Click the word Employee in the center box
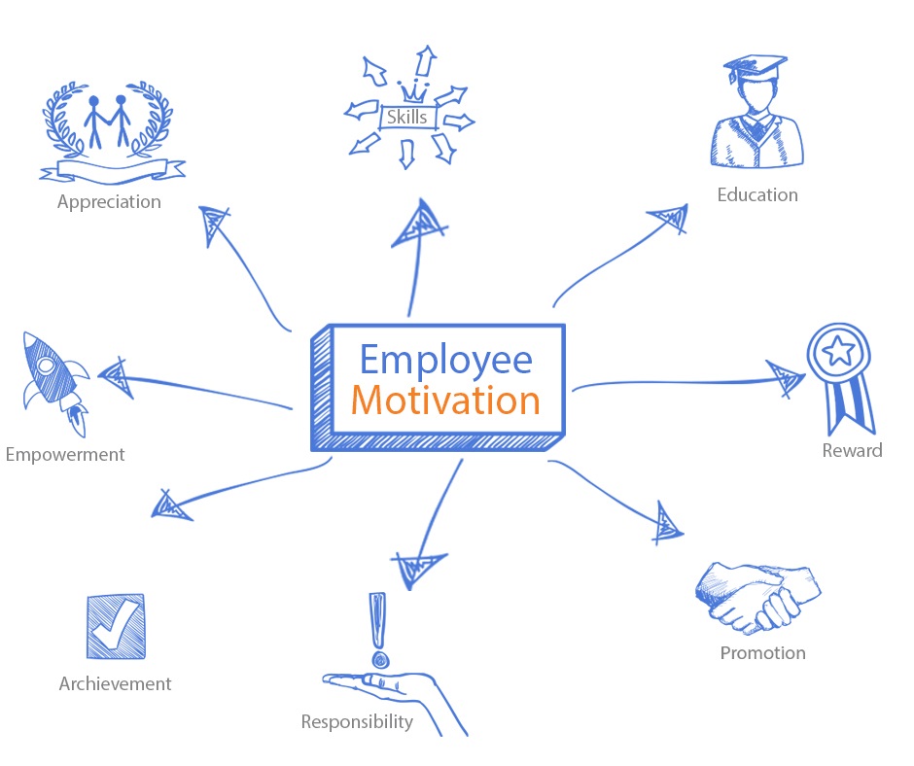[445, 359]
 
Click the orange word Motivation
[445, 400]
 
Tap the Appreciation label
[109, 202]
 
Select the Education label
[757, 194]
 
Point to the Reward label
[852, 450]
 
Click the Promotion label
[762, 652]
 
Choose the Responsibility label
[357, 721]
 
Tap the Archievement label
[115, 683]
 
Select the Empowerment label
[65, 454]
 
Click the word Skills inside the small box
[406, 118]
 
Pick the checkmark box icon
[115, 627]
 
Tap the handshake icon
[757, 595]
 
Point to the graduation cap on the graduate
[756, 70]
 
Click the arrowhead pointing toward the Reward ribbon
[785, 378]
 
